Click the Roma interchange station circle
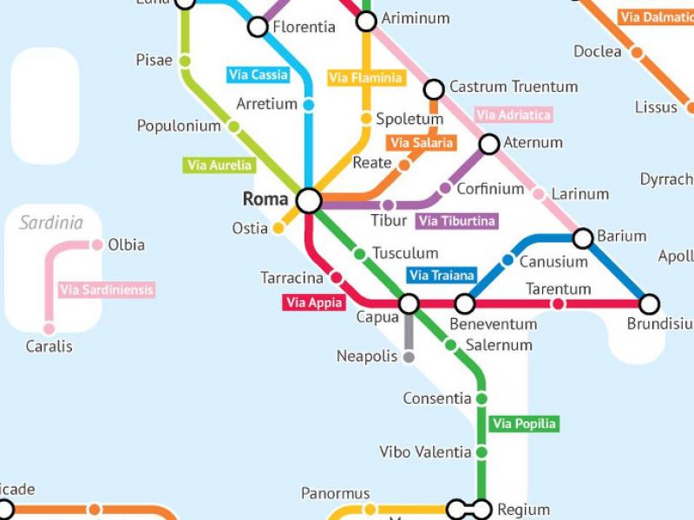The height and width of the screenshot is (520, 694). coord(309,200)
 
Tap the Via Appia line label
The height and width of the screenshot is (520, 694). coord(314,302)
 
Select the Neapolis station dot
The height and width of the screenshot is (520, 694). coord(409,357)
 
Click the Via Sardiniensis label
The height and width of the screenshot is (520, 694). coord(106,290)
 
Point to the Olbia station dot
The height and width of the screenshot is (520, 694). coord(97,245)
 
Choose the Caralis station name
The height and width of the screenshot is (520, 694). coord(49,347)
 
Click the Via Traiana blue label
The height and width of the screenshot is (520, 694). coord(442,276)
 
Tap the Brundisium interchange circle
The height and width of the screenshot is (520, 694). coord(649,304)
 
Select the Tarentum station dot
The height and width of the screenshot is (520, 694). coord(558,304)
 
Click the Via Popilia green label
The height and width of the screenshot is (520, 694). coord(523,424)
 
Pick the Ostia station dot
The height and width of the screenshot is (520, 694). coord(278,229)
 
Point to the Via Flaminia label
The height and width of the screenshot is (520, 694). coord(366,78)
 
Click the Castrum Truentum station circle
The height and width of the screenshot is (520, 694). coord(434,89)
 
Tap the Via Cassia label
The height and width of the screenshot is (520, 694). coord(258,75)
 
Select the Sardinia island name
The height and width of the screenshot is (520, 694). coord(52,223)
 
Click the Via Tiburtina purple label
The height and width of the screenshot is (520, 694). coord(457,221)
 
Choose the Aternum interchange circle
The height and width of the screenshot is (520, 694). coord(489,144)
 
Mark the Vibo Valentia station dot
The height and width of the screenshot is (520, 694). coord(481,452)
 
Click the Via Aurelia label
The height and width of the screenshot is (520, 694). coord(220,165)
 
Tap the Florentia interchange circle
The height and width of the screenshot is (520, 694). coord(258,28)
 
